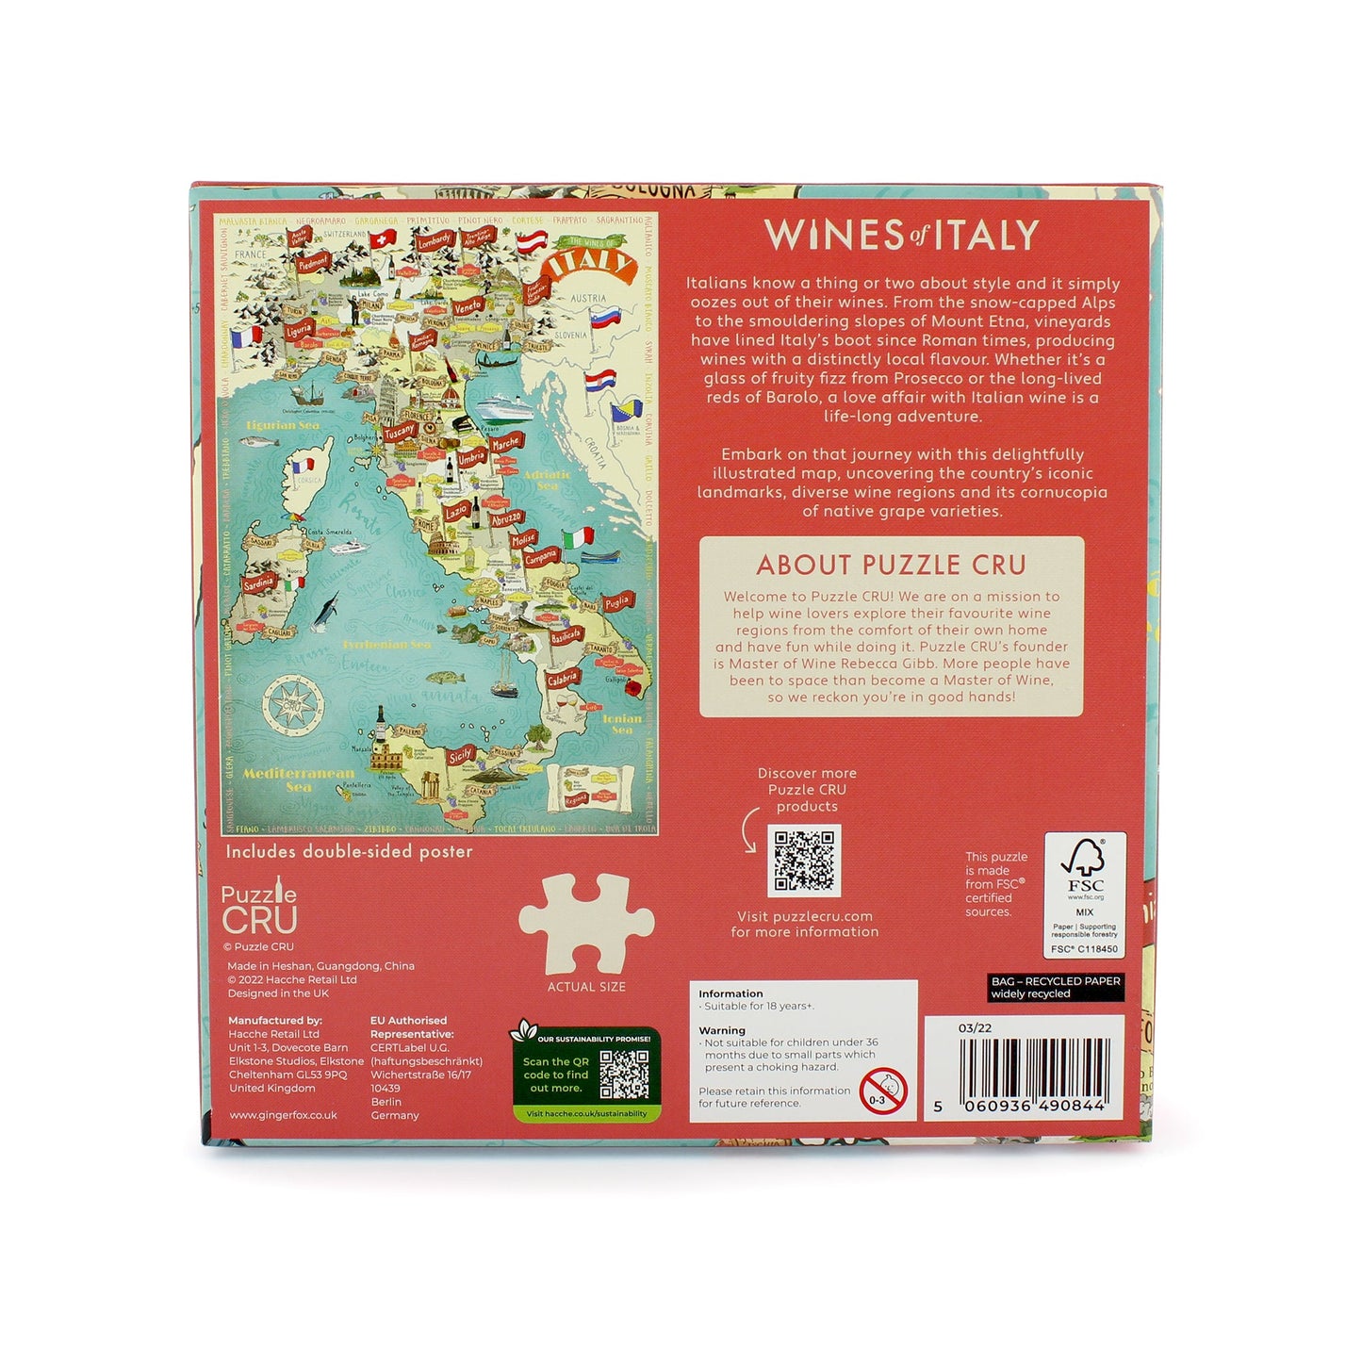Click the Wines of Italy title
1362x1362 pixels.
901,235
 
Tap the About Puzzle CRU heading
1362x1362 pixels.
891,565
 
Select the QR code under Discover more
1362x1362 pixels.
804,861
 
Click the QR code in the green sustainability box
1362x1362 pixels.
624,1075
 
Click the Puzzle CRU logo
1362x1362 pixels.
259,910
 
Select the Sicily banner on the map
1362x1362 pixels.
461,755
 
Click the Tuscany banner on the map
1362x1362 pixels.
400,432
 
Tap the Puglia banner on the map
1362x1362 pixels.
616,601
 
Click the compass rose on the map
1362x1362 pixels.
292,703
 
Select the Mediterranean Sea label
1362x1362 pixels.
298,779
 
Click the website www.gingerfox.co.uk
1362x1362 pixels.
283,1115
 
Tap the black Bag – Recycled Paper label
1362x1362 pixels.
1056,987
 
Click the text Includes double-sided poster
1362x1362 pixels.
349,852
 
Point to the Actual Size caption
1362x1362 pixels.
586,987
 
